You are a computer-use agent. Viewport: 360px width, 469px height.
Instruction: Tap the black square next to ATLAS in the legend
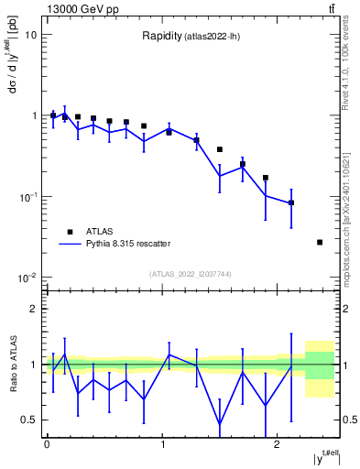coord(69,232)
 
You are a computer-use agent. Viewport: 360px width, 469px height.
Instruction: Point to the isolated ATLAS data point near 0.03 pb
coord(320,242)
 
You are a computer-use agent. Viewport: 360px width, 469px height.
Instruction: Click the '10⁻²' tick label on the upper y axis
coord(27,277)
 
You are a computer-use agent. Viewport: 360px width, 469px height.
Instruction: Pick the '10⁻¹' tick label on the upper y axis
coord(27,196)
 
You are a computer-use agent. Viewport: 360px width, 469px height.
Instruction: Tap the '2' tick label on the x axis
coord(278,444)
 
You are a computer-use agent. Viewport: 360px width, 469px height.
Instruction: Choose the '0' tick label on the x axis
coord(47,444)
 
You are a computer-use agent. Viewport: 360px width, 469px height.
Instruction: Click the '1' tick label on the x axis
coord(162,444)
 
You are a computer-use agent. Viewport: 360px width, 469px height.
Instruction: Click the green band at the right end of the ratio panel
coord(320,365)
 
